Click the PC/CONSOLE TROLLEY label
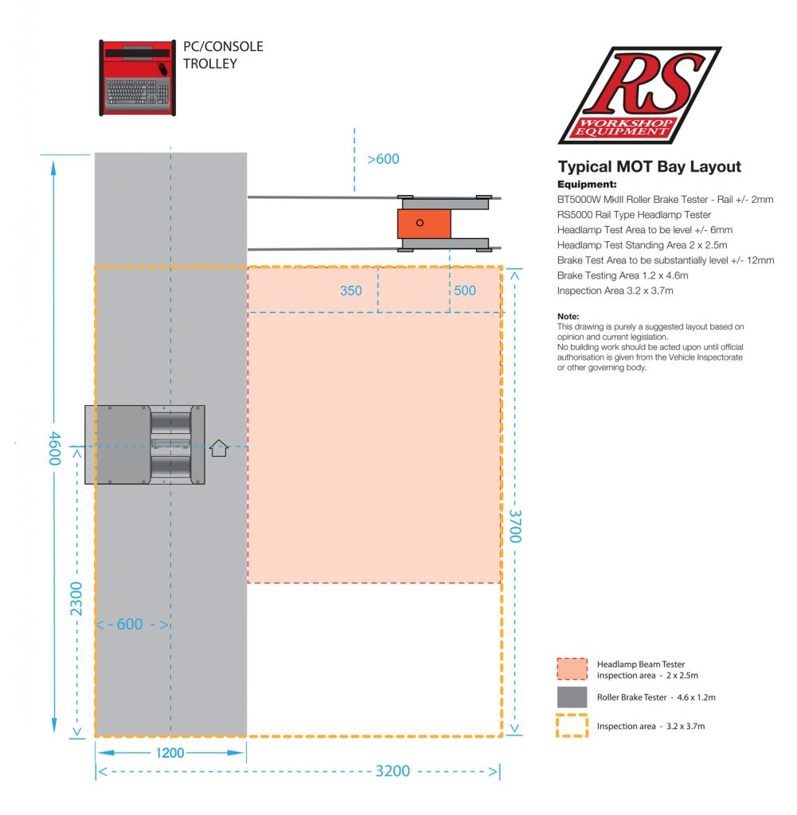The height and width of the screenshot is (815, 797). point(223,55)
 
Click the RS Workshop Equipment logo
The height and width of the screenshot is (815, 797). point(639,94)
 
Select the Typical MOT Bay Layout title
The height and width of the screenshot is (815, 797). point(649,167)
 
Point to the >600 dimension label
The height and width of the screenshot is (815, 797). point(383,159)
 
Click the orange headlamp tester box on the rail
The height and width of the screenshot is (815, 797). point(424,223)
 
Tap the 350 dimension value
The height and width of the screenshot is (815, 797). point(351,291)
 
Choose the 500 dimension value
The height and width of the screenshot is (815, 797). point(465,291)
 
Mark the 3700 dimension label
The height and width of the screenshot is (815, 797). point(515,527)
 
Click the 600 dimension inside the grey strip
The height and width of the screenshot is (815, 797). point(130,625)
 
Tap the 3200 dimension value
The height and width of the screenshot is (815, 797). point(393,770)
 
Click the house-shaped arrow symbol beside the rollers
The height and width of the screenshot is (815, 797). point(219,448)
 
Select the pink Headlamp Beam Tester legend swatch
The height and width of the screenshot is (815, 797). point(572,669)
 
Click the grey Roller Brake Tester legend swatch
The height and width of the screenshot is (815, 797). point(572,697)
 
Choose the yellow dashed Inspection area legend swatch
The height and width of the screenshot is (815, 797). point(572,726)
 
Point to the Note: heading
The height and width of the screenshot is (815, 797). point(568,316)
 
